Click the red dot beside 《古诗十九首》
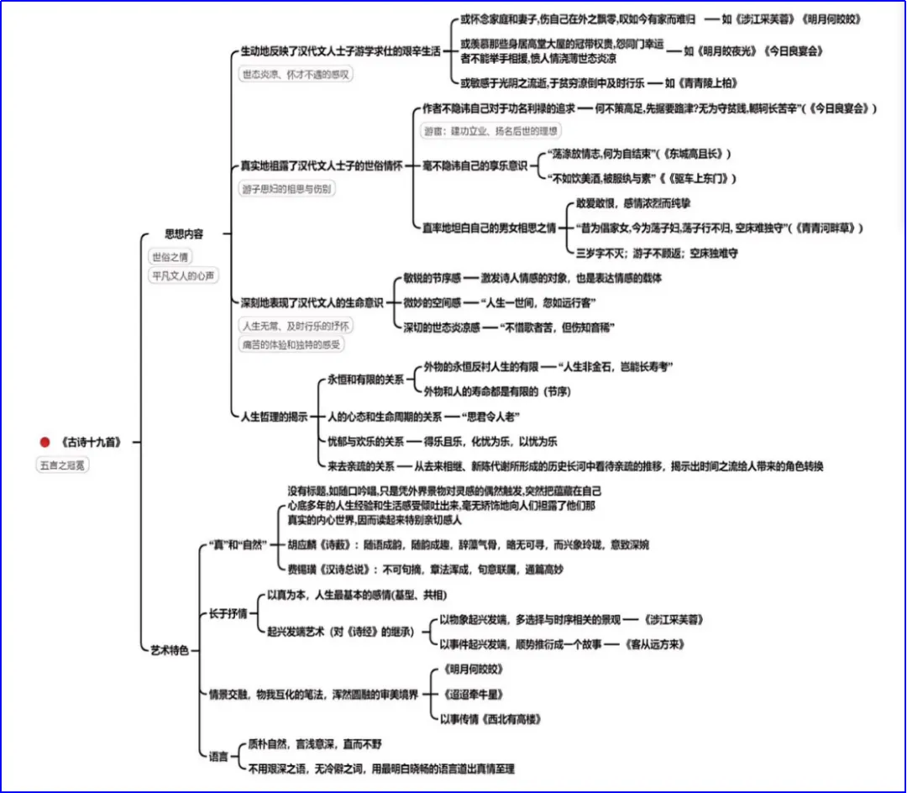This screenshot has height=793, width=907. click(45, 442)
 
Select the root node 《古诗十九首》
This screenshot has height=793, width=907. click(91, 442)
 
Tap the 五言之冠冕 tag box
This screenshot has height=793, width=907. click(63, 464)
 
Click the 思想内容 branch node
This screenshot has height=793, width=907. click(183, 234)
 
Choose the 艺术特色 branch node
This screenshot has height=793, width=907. click(170, 649)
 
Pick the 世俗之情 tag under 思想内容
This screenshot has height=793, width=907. click(170, 257)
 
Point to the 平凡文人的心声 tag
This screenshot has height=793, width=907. click(182, 275)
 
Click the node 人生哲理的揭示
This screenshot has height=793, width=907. click(274, 416)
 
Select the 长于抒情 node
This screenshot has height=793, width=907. click(228, 613)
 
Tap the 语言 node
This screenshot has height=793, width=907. click(218, 756)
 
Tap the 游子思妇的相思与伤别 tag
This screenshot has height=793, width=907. click(286, 189)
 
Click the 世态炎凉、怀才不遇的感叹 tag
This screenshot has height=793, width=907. click(295, 74)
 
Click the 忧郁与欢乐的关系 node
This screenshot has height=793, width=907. click(365, 441)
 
